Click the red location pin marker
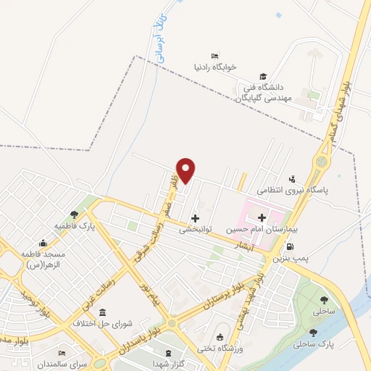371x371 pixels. coord(186,170)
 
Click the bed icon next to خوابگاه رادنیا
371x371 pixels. coord(214,57)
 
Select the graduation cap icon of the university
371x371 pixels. coord(263,77)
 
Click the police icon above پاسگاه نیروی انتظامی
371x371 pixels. coord(292,178)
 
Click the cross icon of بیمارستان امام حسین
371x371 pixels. coord(262,217)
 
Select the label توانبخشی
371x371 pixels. coord(195,228)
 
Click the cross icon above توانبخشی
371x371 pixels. coord(195,217)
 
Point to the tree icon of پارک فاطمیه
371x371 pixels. coord(74,214)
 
